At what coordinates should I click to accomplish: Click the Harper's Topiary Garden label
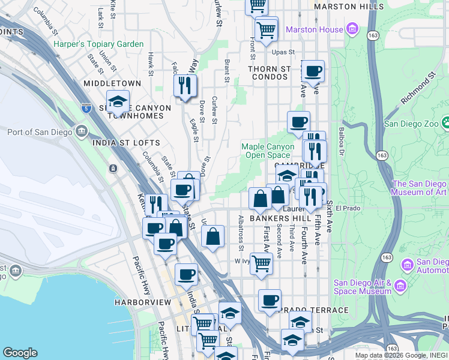tap(98, 44)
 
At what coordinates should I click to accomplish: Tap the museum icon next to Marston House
tap(352, 29)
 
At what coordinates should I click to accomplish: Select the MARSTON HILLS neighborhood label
tap(349, 7)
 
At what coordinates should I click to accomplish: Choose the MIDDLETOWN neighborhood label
tap(112, 83)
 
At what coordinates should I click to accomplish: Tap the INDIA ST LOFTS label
tap(126, 143)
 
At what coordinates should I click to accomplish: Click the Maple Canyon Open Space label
tap(268, 151)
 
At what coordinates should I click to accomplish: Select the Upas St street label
tap(285, 53)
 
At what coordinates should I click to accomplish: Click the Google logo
tap(20, 353)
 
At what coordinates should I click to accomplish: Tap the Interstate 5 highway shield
tap(86, 109)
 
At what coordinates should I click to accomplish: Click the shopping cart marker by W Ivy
tap(261, 263)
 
